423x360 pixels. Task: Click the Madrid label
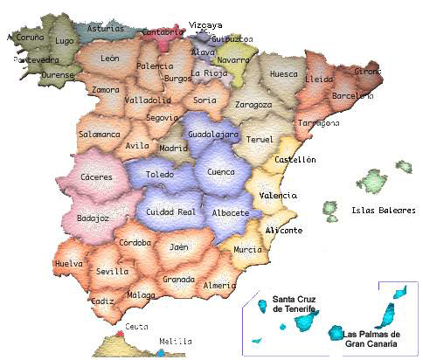pyautogui.click(x=174, y=148)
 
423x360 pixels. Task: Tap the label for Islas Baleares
pyautogui.click(x=383, y=210)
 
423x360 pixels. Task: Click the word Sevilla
pyautogui.click(x=114, y=271)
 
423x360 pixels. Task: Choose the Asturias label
pyautogui.click(x=106, y=27)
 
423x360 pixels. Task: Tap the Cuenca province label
pyautogui.click(x=220, y=172)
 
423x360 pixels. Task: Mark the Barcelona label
pyautogui.click(x=353, y=95)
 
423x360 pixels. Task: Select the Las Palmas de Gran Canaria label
pyautogui.click(x=372, y=338)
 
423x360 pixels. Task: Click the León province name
pyautogui.click(x=110, y=59)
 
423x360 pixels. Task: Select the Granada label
pyautogui.click(x=178, y=280)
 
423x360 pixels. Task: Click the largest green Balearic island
pyautogui.click(x=374, y=182)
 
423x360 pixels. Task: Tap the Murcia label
pyautogui.click(x=247, y=250)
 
